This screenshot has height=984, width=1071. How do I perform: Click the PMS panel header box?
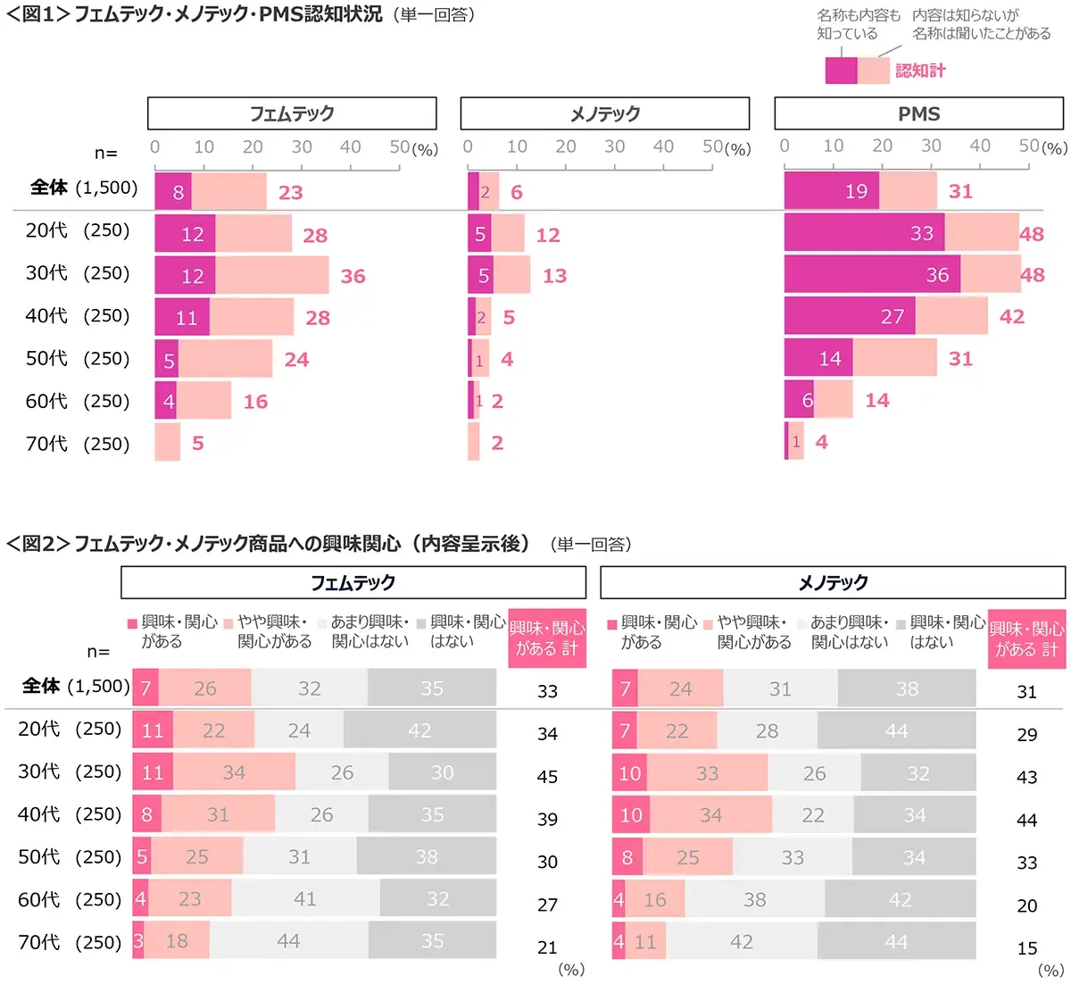click(x=918, y=113)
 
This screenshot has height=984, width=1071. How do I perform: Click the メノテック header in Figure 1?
click(x=604, y=113)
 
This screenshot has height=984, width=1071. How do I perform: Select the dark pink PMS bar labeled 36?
click(x=872, y=274)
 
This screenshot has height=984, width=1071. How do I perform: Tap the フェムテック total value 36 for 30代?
click(x=353, y=276)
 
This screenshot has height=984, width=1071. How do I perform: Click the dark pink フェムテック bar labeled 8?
click(x=173, y=191)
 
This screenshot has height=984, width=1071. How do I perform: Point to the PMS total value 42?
click(x=1011, y=316)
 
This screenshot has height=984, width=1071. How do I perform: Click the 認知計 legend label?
click(x=920, y=71)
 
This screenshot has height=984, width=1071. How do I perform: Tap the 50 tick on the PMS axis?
click(x=1029, y=146)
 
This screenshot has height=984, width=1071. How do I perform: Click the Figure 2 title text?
click(x=268, y=543)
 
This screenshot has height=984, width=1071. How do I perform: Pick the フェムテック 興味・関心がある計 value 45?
click(x=547, y=776)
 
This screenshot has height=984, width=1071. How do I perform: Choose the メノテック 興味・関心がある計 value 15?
click(x=1026, y=947)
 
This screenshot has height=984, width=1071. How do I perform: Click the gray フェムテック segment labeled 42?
click(x=419, y=730)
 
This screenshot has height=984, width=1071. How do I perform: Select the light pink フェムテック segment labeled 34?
click(x=234, y=771)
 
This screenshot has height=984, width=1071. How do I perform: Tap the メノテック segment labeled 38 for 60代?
click(x=754, y=899)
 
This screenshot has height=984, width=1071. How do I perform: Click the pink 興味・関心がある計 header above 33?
click(x=547, y=638)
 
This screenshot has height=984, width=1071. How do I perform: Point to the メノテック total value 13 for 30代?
click(x=554, y=276)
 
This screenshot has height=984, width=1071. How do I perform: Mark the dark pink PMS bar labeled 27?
click(x=850, y=316)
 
